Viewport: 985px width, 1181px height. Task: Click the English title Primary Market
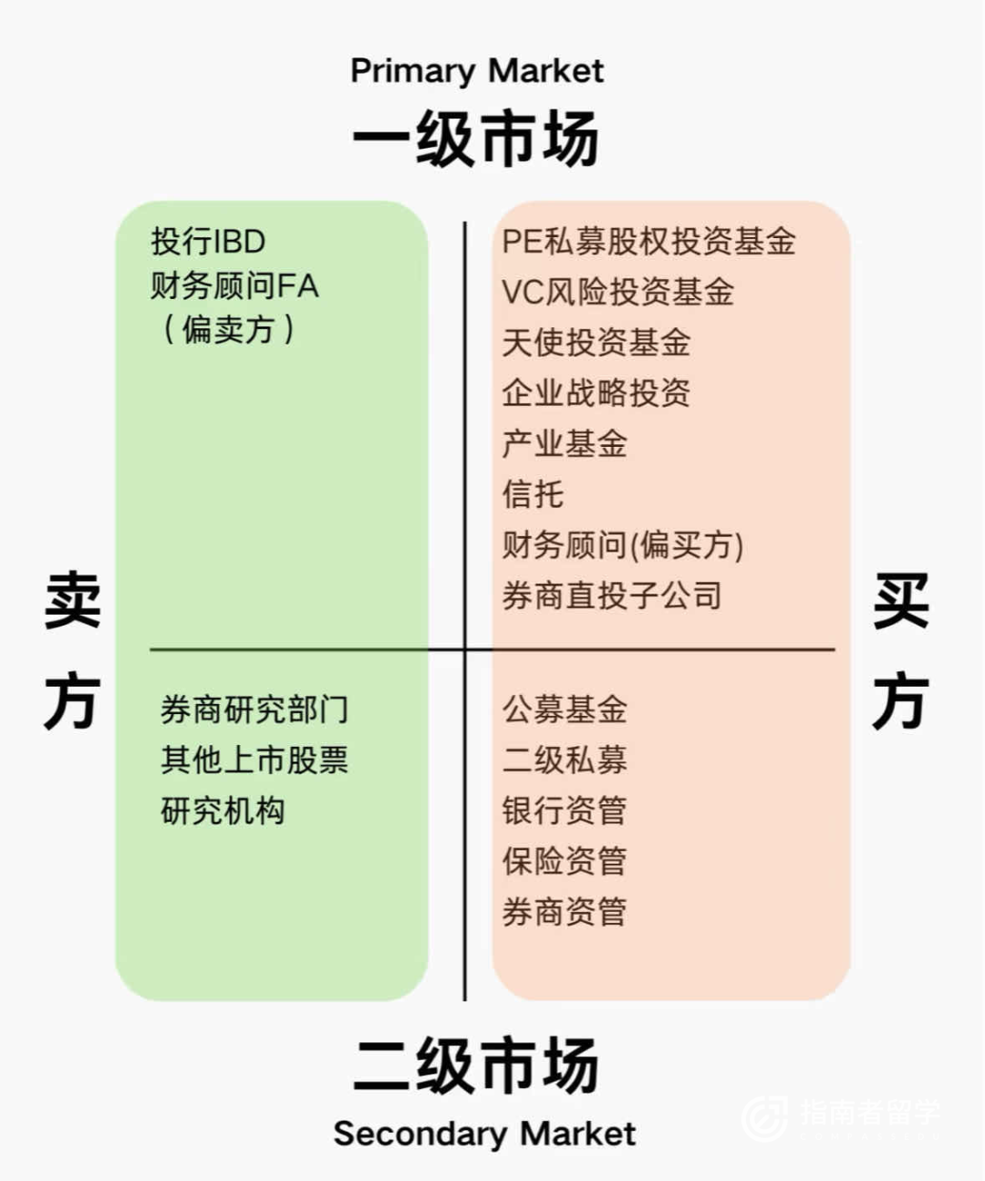click(476, 70)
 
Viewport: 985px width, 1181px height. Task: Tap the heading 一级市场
click(476, 140)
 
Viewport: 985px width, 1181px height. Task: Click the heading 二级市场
click(476, 1064)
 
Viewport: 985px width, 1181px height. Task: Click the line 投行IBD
click(208, 242)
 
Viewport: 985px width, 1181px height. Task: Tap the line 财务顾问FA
click(234, 285)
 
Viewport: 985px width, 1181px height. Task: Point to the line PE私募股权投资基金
click(648, 242)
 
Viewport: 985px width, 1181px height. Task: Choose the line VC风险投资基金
click(617, 292)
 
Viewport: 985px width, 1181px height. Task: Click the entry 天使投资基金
click(596, 343)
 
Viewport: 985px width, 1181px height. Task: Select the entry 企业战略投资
click(596, 393)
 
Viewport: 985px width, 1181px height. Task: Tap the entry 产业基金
click(564, 444)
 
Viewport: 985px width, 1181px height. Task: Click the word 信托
click(533, 494)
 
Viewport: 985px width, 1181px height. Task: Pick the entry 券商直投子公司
click(611, 596)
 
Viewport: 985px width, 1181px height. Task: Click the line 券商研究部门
click(254, 710)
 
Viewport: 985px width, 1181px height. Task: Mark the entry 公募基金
click(564, 710)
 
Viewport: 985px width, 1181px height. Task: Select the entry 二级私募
click(564, 760)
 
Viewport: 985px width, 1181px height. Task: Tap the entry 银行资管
click(564, 810)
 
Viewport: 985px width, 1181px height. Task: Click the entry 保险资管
click(564, 860)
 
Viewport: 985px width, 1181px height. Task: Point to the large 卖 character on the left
click(72, 602)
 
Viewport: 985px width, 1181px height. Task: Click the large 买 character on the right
click(900, 602)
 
